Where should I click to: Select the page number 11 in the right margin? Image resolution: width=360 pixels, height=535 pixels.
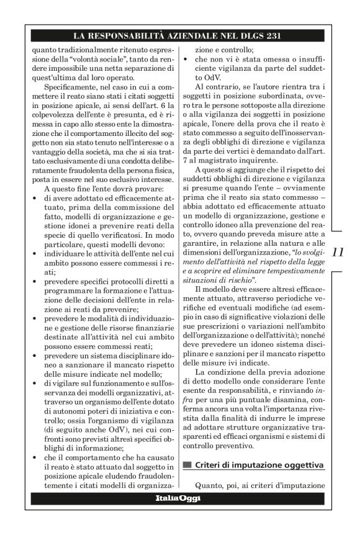tap(338, 253)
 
